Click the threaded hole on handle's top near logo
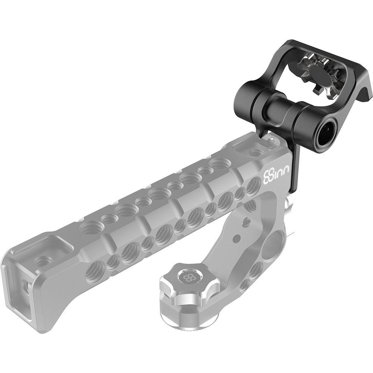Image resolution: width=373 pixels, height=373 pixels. pyautogui.click(x=255, y=152)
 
